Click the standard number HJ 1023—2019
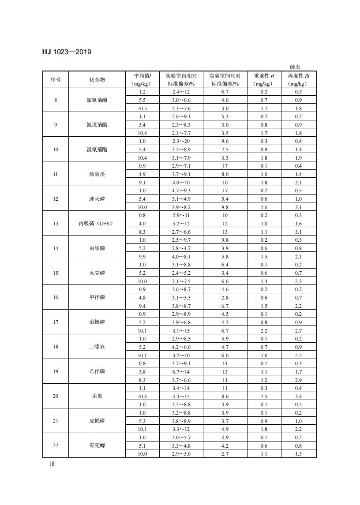coord(67,52)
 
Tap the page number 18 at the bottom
coord(52,464)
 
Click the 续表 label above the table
coord(295,67)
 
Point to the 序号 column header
coord(56,80)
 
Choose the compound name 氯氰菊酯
coord(97,100)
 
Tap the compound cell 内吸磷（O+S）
coord(97,224)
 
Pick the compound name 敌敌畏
coord(97,174)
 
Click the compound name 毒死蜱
coord(97,445)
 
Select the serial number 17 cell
coord(56,322)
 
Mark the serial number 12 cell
coord(56,199)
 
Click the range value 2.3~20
coord(181,141)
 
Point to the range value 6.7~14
coord(181,371)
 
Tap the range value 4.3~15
coord(181,396)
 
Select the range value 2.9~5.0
coord(181,454)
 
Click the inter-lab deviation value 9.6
coord(225,141)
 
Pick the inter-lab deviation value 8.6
coord(225,396)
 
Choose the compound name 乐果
coord(97,396)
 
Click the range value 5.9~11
coord(181,215)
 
